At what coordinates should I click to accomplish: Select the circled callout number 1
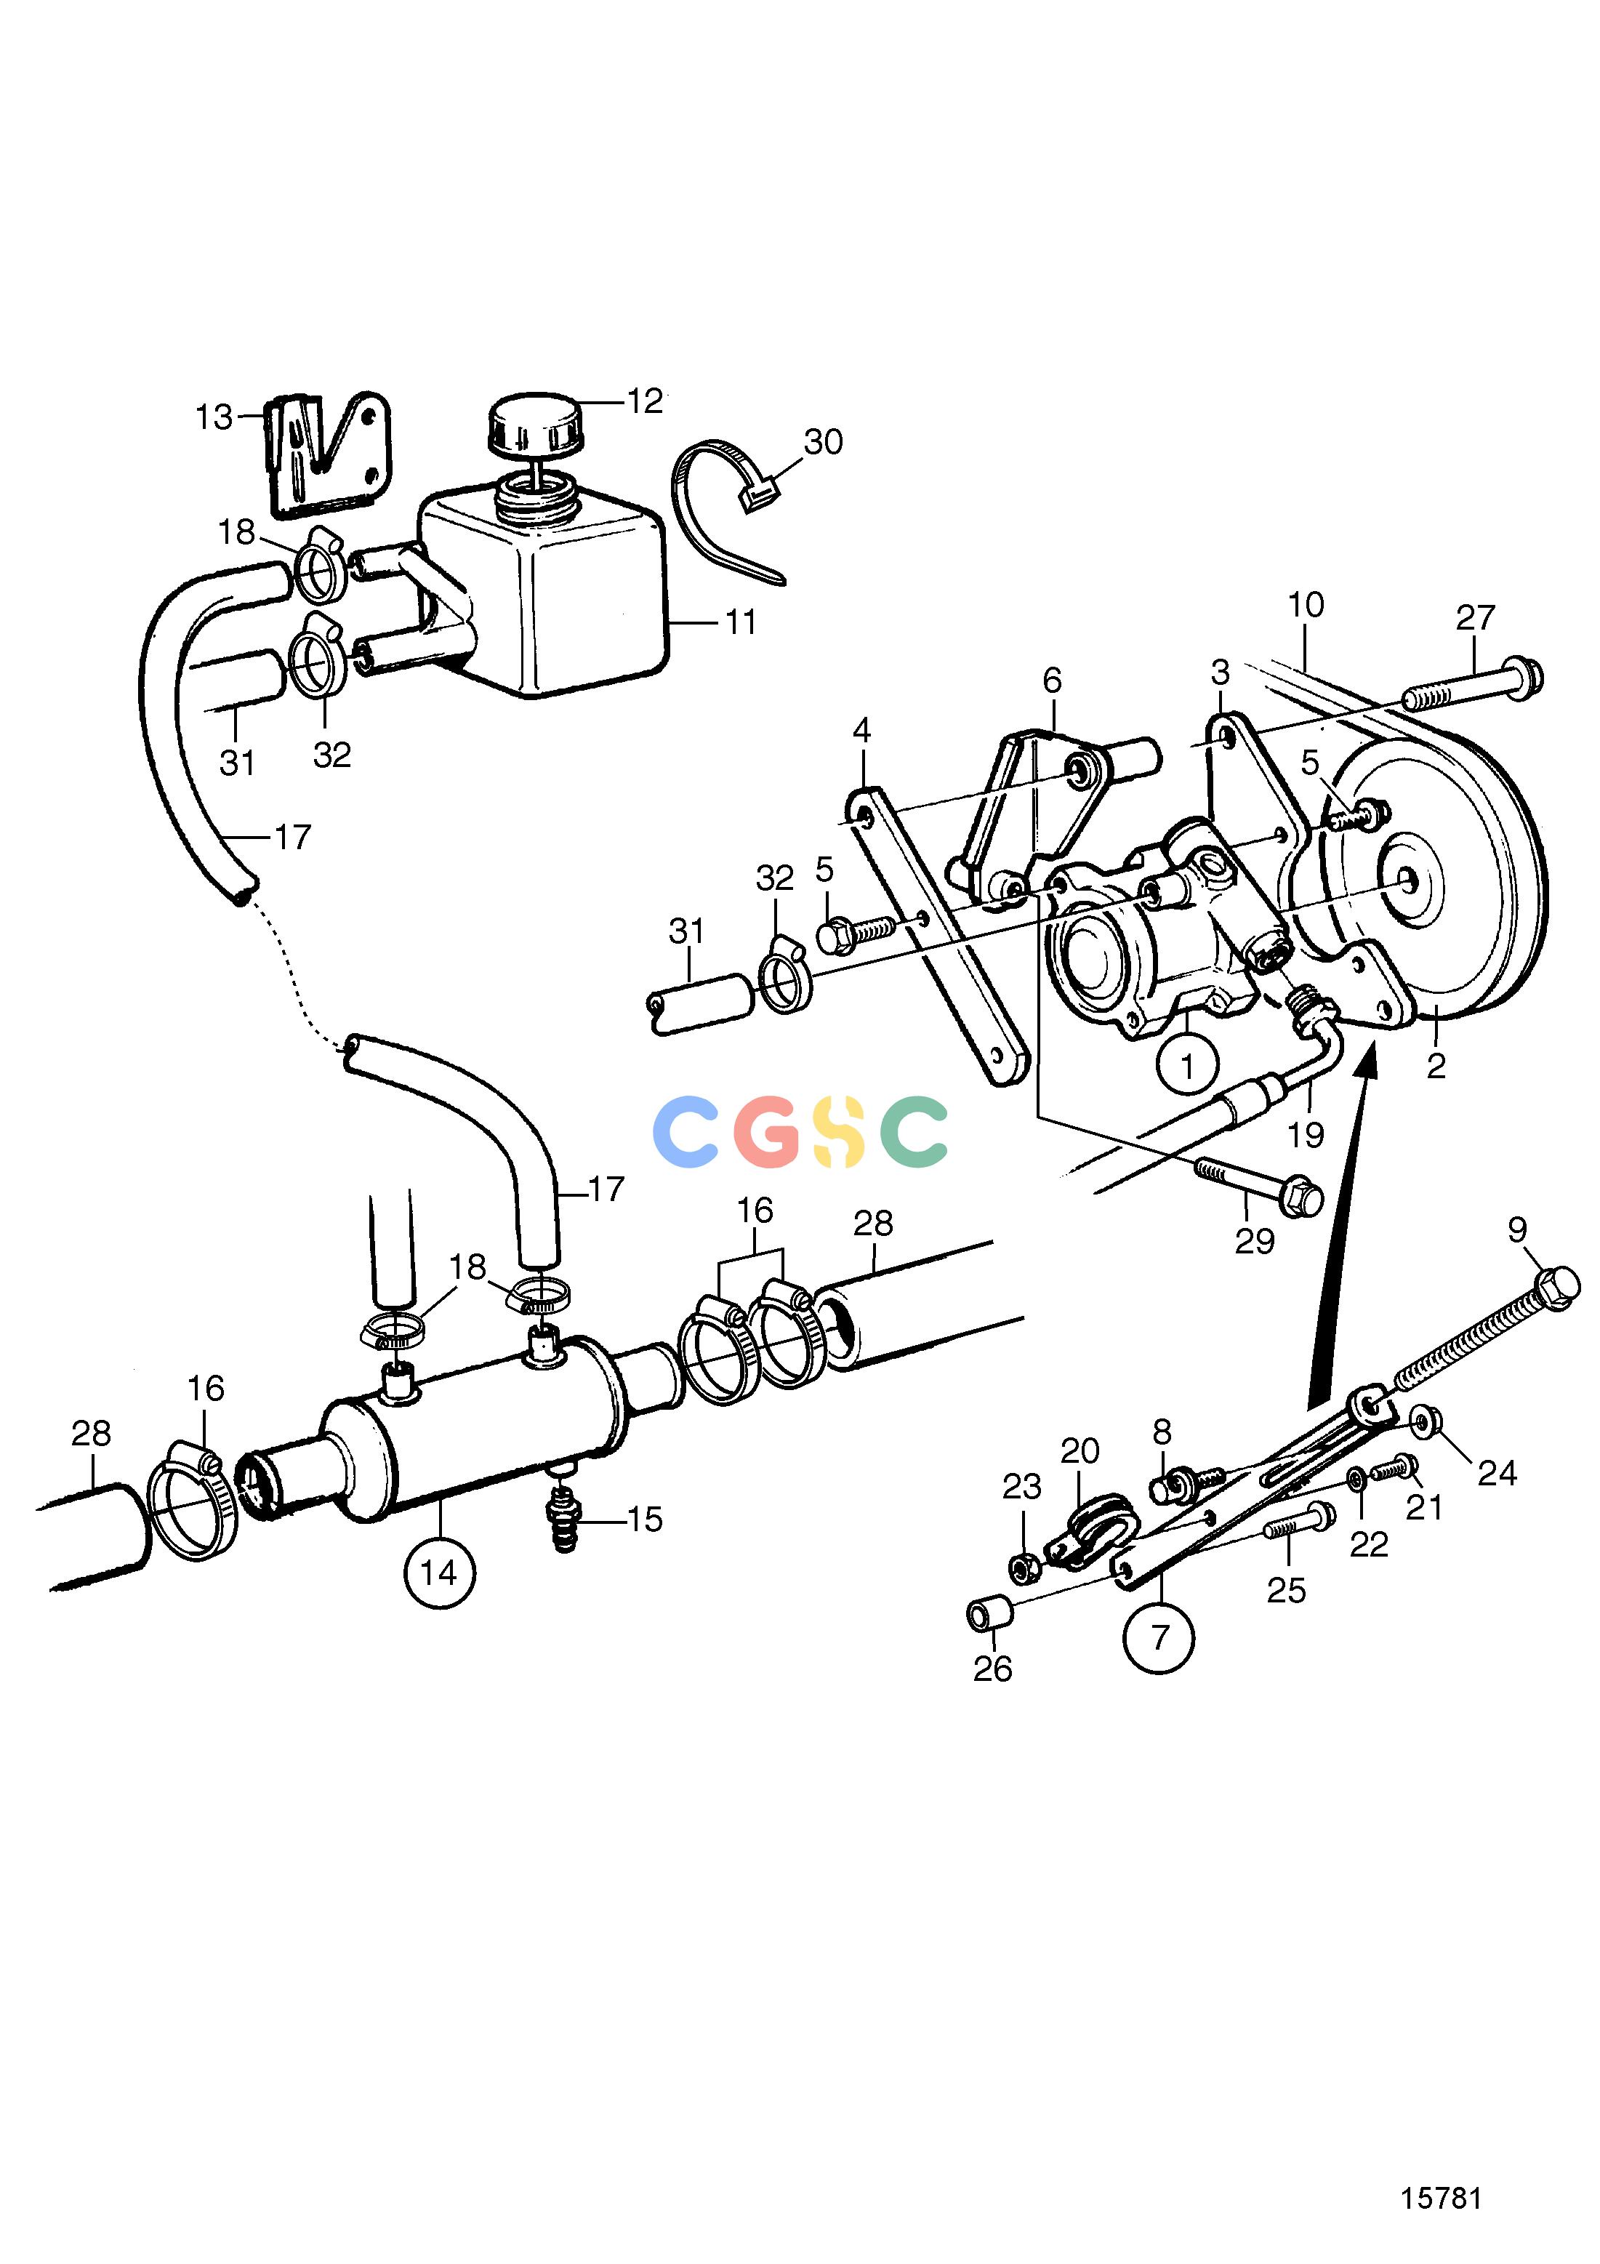click(1187, 1066)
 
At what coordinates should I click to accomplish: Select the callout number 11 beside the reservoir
click(740, 622)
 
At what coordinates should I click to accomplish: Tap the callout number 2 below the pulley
click(1436, 1066)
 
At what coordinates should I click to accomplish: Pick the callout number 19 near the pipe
click(1306, 1135)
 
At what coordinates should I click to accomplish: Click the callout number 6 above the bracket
click(1052, 681)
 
